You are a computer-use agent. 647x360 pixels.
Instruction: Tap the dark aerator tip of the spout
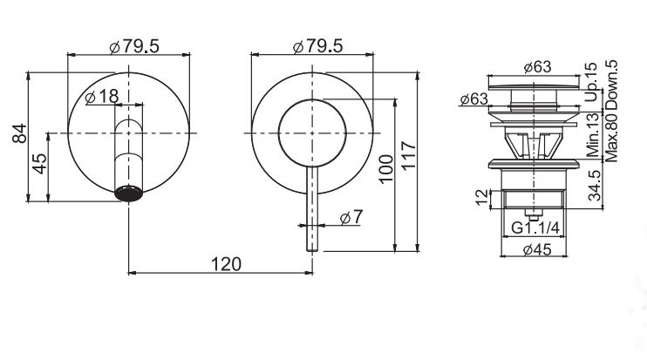[x=130, y=194]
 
